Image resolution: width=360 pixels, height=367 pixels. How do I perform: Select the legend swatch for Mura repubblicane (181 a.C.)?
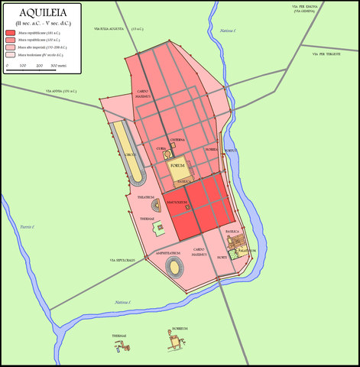pyautogui.click(x=10, y=34)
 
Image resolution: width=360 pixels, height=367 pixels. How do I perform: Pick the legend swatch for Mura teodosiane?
pyautogui.click(x=10, y=55)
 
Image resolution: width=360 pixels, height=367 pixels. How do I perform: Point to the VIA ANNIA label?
pyautogui.click(x=61, y=92)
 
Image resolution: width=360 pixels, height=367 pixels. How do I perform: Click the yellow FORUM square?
pyautogui.click(x=177, y=166)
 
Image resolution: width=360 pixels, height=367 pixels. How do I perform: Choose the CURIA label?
pyautogui.click(x=161, y=148)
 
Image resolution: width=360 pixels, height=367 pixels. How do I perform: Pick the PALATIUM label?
pyautogui.click(x=246, y=250)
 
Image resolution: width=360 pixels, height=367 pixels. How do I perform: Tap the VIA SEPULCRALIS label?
pyautogui.click(x=122, y=260)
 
